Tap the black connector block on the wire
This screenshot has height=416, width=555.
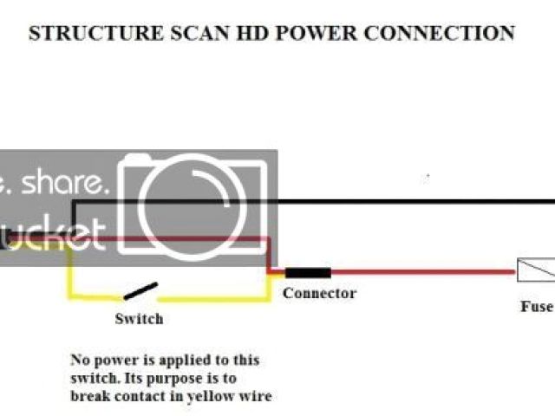point(307,272)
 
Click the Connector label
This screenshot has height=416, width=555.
point(319,293)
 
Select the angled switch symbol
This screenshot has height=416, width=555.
point(140,291)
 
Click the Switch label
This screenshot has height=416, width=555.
point(139,319)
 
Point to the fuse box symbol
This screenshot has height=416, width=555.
point(535,270)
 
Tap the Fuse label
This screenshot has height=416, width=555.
point(536,306)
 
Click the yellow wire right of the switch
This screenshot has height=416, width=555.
point(217,297)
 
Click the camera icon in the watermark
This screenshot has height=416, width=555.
point(198,205)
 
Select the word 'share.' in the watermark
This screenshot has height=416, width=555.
point(68,184)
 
